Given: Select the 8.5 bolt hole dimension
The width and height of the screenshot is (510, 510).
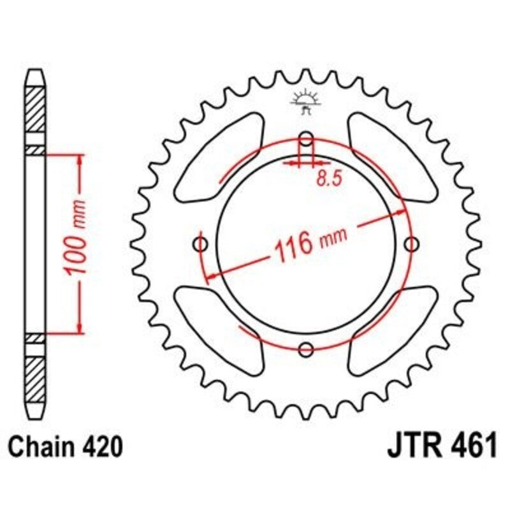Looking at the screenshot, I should (x=329, y=178).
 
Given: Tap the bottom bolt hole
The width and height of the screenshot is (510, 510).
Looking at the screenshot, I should (x=307, y=349).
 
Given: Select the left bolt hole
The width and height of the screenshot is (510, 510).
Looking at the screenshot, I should (x=201, y=244).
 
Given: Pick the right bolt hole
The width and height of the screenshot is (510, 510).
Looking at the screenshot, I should (x=412, y=244).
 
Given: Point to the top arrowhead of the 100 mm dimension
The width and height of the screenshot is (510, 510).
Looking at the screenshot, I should (x=80, y=159).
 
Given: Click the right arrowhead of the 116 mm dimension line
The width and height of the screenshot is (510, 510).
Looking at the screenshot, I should (x=401, y=212).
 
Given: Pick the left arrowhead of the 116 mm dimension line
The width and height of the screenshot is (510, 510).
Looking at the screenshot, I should (x=208, y=275).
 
